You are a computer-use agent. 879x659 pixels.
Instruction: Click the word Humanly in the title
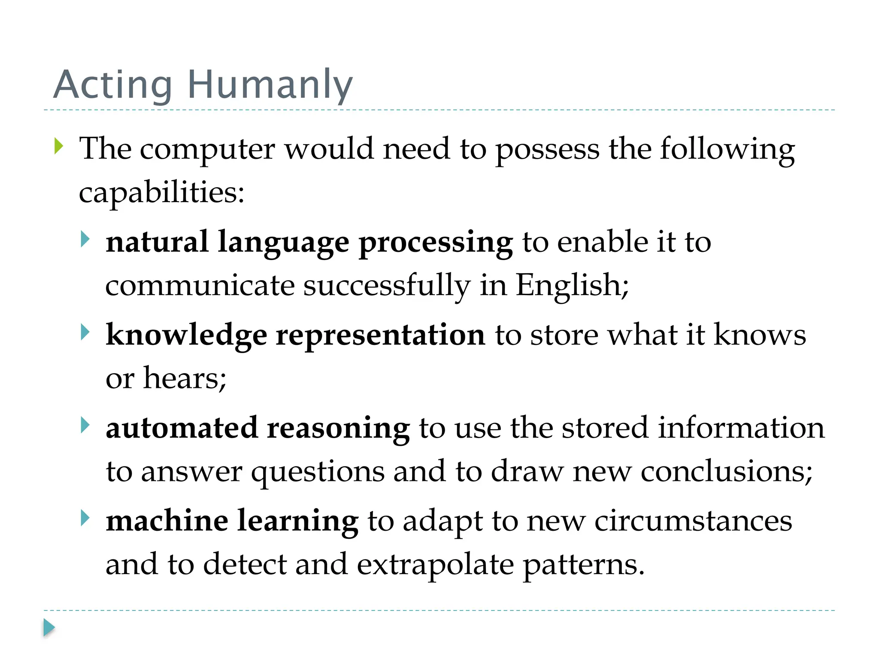click(270, 85)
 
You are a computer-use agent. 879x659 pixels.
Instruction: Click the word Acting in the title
click(113, 85)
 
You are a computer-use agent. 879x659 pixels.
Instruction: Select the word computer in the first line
click(207, 150)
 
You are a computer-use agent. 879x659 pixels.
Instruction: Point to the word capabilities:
click(161, 193)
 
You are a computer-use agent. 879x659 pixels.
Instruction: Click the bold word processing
click(436, 243)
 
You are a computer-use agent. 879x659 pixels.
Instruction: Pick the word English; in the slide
click(572, 285)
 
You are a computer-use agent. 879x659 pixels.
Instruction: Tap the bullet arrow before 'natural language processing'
click(85, 239)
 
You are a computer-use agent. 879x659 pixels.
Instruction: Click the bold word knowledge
click(186, 336)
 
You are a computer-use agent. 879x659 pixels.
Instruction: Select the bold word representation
click(381, 335)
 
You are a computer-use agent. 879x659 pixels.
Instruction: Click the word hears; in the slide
click(185, 378)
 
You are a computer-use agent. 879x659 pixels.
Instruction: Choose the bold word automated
click(182, 428)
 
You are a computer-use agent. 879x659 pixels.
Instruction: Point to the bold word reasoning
click(338, 429)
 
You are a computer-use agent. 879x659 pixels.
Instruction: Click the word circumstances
click(693, 521)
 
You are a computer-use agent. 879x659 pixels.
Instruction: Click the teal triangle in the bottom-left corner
click(49, 628)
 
